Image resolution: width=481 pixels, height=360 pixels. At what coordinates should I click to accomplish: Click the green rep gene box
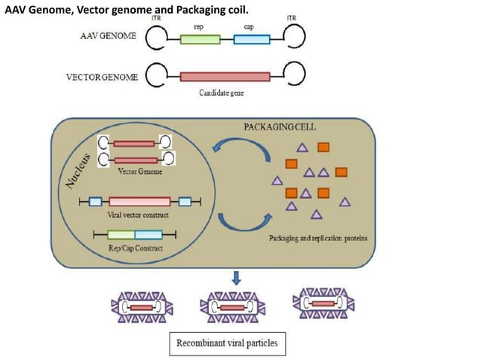(200, 38)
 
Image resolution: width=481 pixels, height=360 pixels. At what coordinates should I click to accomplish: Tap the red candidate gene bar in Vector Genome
(225, 76)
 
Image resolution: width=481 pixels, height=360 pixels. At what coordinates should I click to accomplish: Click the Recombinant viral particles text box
(226, 344)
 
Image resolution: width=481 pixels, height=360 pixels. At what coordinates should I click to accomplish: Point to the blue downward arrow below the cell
(236, 279)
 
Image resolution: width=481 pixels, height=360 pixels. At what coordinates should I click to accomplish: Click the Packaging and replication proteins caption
(316, 239)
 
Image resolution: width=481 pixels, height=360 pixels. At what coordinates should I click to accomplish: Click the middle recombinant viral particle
(230, 307)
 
